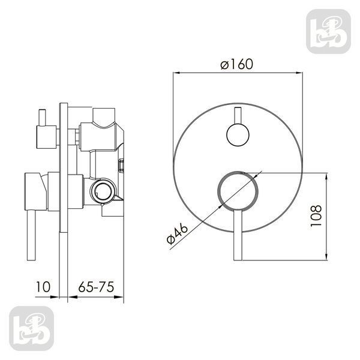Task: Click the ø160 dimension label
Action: pos(237,64)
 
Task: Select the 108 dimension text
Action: pos(316,215)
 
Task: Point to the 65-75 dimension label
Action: pos(96,287)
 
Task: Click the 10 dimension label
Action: pos(43,287)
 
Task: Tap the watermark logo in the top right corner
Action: pos(329,31)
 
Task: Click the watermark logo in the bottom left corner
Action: pos(31,329)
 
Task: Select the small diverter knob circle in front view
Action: pos(238,135)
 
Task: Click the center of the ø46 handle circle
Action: pos(238,191)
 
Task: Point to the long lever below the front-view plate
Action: pos(238,235)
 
